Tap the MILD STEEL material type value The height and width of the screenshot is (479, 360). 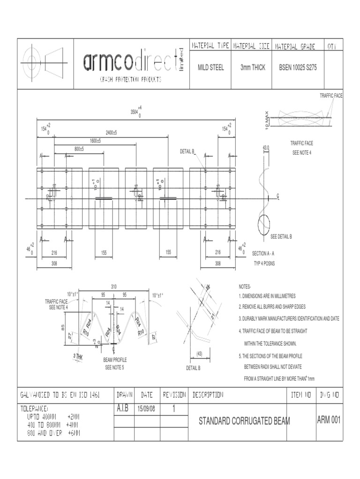(210, 67)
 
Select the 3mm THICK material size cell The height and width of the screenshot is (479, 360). (253, 67)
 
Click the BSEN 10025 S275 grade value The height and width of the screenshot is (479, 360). (298, 67)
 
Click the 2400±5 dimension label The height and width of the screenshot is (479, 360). (111, 133)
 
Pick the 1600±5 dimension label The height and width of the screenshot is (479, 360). (95, 141)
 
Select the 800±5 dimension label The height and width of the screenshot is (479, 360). (79, 149)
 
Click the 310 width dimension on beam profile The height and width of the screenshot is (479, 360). (113, 286)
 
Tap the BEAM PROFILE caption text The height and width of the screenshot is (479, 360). (115, 360)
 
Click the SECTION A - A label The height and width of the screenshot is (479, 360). (263, 253)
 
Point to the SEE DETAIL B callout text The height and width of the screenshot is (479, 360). (281, 237)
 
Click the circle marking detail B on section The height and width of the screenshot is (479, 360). (264, 224)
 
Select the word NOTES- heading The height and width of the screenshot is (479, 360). (245, 287)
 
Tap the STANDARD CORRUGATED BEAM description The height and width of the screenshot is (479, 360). (244, 421)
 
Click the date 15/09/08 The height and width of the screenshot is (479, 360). (147, 409)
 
